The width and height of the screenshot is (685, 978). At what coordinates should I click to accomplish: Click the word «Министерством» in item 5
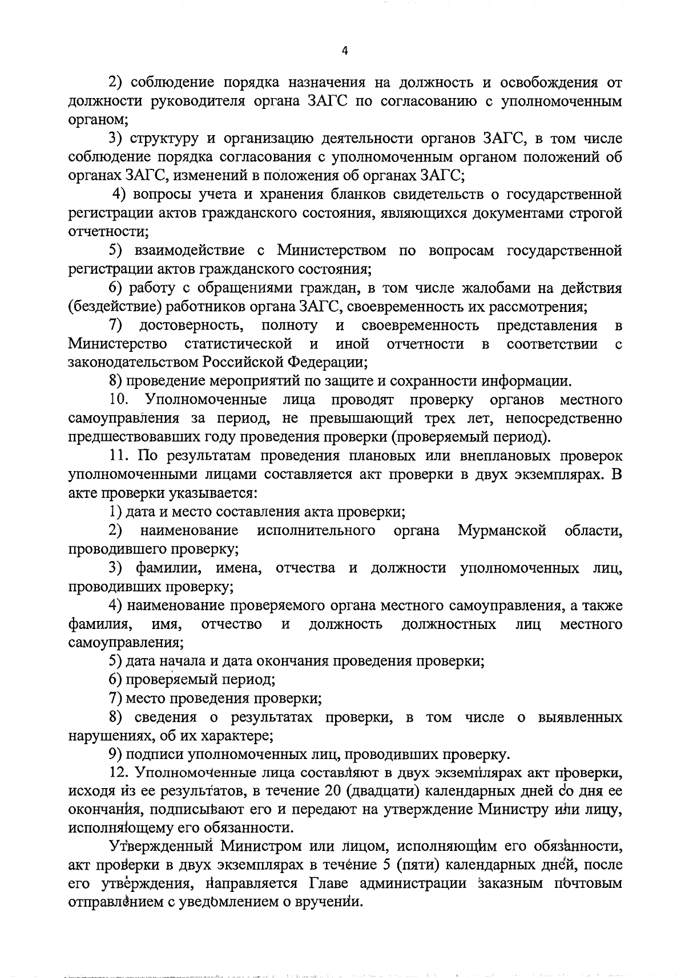point(332,250)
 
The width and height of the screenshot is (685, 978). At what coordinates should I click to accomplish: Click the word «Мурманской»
point(502,531)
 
